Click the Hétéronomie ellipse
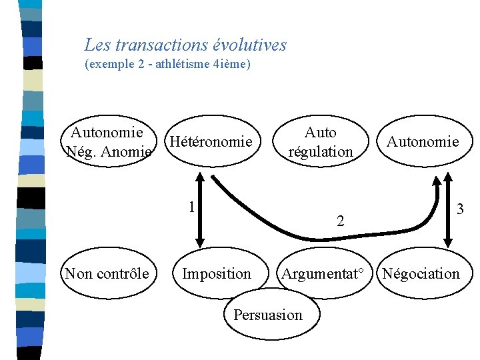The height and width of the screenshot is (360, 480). [x=211, y=142]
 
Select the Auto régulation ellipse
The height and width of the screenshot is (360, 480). [x=321, y=142]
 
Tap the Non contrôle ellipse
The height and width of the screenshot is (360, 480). [x=107, y=273]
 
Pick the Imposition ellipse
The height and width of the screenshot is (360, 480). [x=217, y=273]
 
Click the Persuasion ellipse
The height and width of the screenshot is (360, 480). [x=267, y=315]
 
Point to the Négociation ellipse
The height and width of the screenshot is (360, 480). [x=421, y=273]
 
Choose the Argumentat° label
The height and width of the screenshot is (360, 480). [x=323, y=273]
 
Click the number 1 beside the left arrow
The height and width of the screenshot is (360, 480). [x=191, y=207]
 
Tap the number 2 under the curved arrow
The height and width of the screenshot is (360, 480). [x=340, y=221]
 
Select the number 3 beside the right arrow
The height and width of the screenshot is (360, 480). [x=460, y=209]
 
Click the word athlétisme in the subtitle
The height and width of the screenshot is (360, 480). [x=183, y=65]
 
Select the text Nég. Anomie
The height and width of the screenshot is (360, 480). [x=107, y=152]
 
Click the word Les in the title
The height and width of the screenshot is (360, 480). [x=97, y=45]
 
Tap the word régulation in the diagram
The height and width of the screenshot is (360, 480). [x=321, y=151]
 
